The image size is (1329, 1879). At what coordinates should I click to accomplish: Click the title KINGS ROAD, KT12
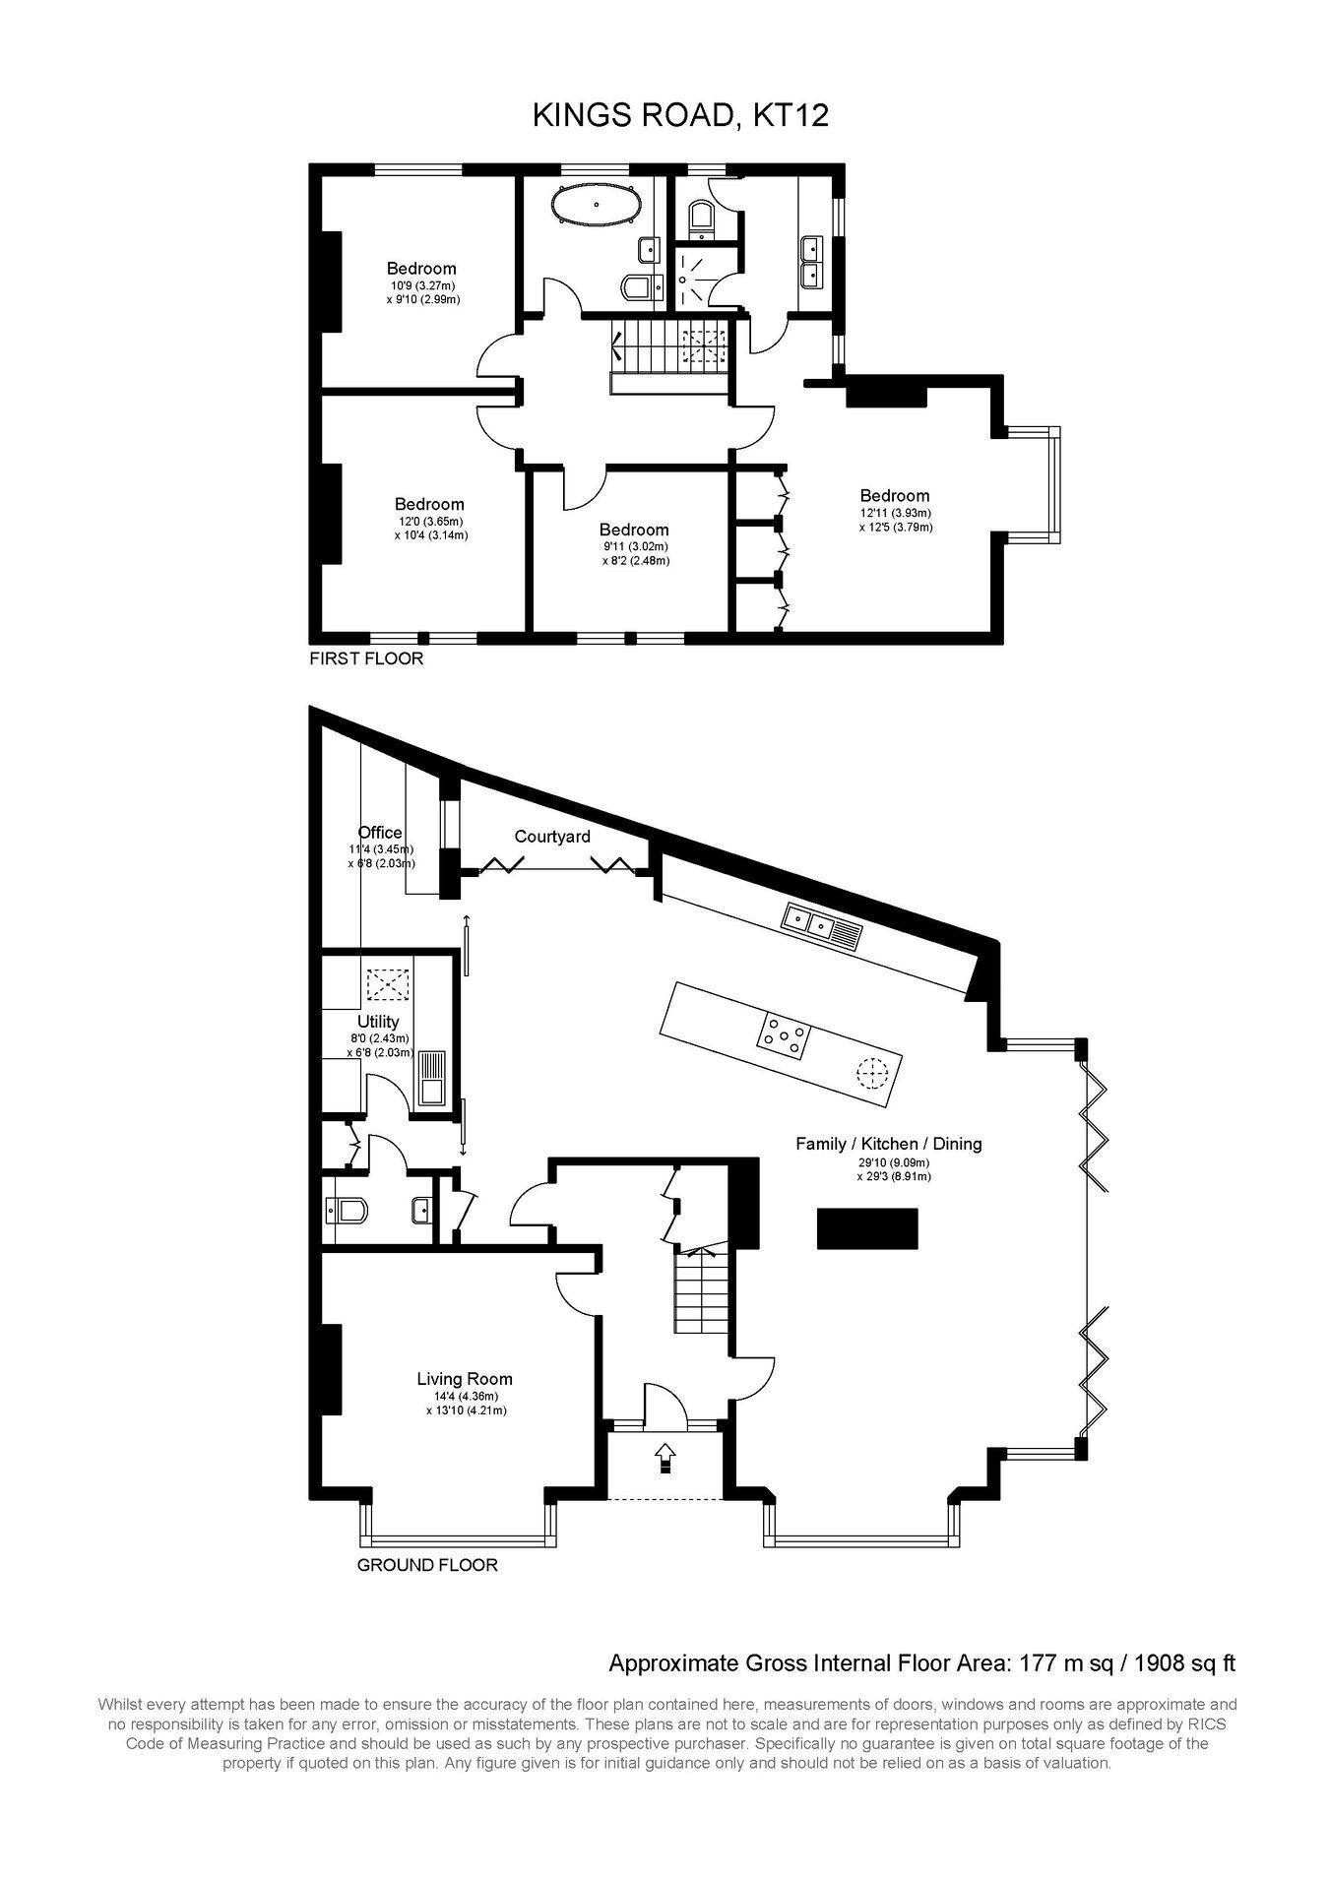[x=680, y=116]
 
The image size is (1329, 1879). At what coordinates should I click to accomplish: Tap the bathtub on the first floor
[x=597, y=205]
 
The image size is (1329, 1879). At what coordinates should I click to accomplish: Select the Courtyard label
[x=552, y=837]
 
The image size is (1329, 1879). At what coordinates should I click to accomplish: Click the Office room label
[x=380, y=833]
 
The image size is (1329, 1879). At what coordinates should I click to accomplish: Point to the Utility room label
[x=378, y=1022]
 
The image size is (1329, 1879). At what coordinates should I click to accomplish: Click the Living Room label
[x=465, y=1380]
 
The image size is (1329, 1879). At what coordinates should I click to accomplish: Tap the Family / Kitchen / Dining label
[x=889, y=1144]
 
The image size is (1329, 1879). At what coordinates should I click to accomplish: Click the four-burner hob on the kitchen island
[x=784, y=1035]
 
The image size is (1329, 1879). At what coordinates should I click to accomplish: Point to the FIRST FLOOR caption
[x=366, y=658]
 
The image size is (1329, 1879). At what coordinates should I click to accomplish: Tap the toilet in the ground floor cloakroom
[x=345, y=1209]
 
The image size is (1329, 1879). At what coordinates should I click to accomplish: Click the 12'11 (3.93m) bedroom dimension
[x=895, y=513]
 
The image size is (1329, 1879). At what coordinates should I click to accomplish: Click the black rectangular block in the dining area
[x=867, y=1229]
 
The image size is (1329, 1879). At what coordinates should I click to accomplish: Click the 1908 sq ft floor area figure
[x=1185, y=1663]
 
